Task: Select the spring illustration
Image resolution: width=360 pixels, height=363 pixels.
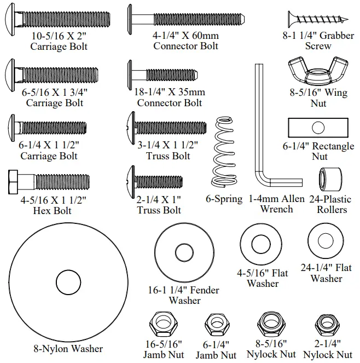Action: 225,152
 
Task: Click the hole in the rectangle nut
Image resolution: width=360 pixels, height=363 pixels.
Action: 318,128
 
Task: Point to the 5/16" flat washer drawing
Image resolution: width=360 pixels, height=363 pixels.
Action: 263,244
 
